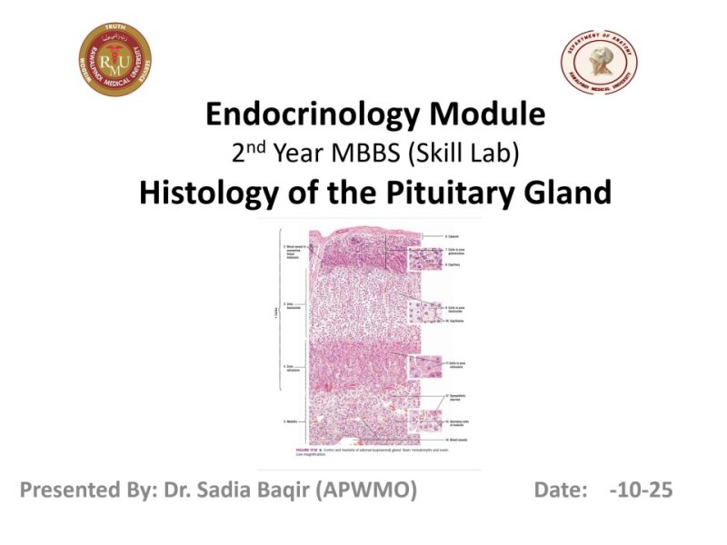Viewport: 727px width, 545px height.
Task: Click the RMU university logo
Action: tap(114, 60)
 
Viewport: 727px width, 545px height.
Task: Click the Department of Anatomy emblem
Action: tap(599, 60)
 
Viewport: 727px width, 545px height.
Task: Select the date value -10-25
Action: tap(642, 490)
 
